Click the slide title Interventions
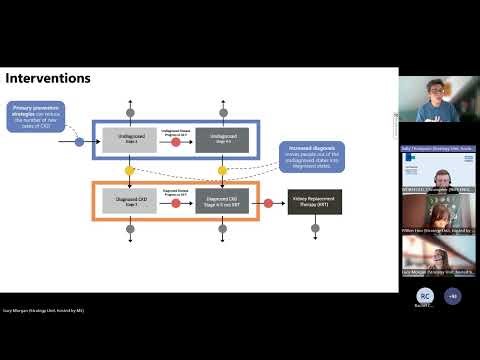click(48, 78)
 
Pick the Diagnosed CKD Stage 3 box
click(130, 202)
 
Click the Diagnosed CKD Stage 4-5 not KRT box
click(221, 202)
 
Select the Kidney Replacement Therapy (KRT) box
click(314, 202)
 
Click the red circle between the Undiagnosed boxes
click(175, 142)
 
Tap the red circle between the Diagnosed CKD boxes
click(175, 203)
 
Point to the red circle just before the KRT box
click(268, 203)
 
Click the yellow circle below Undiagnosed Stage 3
click(130, 171)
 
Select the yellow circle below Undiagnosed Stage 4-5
click(221, 171)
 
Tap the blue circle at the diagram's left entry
click(80, 142)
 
